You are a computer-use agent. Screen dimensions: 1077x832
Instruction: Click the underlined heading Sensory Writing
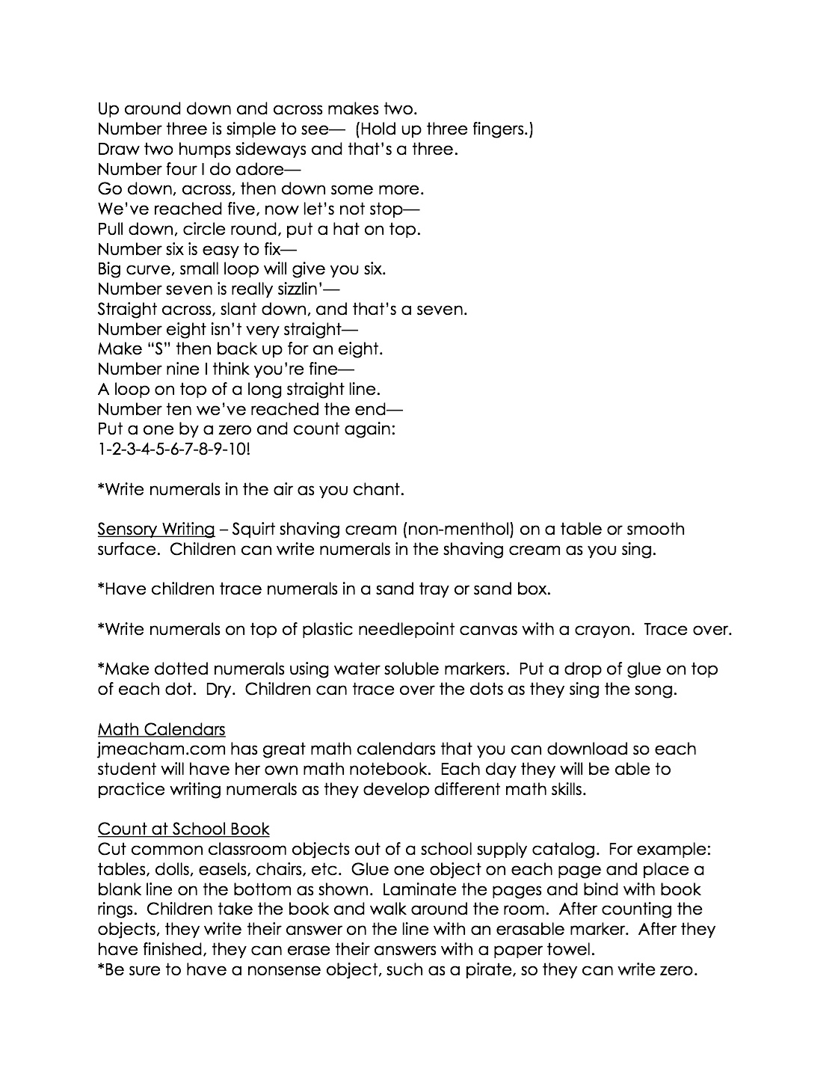[156, 530]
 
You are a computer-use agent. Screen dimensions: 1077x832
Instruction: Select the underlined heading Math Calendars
[161, 729]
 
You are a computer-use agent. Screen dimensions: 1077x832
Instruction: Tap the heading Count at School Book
[183, 829]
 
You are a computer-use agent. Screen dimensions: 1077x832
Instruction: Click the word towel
[572, 950]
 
